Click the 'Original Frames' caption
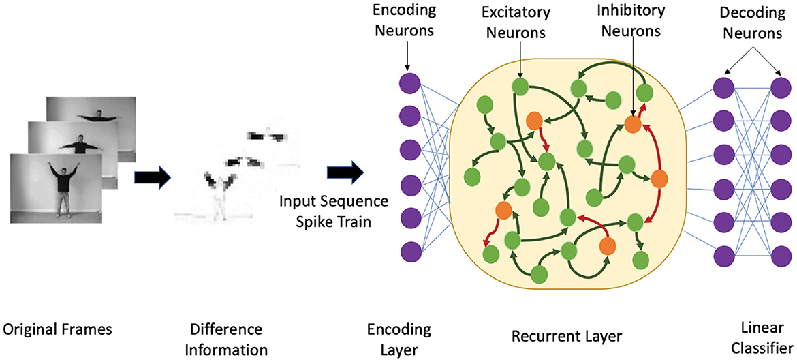(57, 330)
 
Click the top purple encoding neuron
(409, 84)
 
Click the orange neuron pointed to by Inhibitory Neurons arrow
(633, 124)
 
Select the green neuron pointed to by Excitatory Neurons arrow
(520, 87)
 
